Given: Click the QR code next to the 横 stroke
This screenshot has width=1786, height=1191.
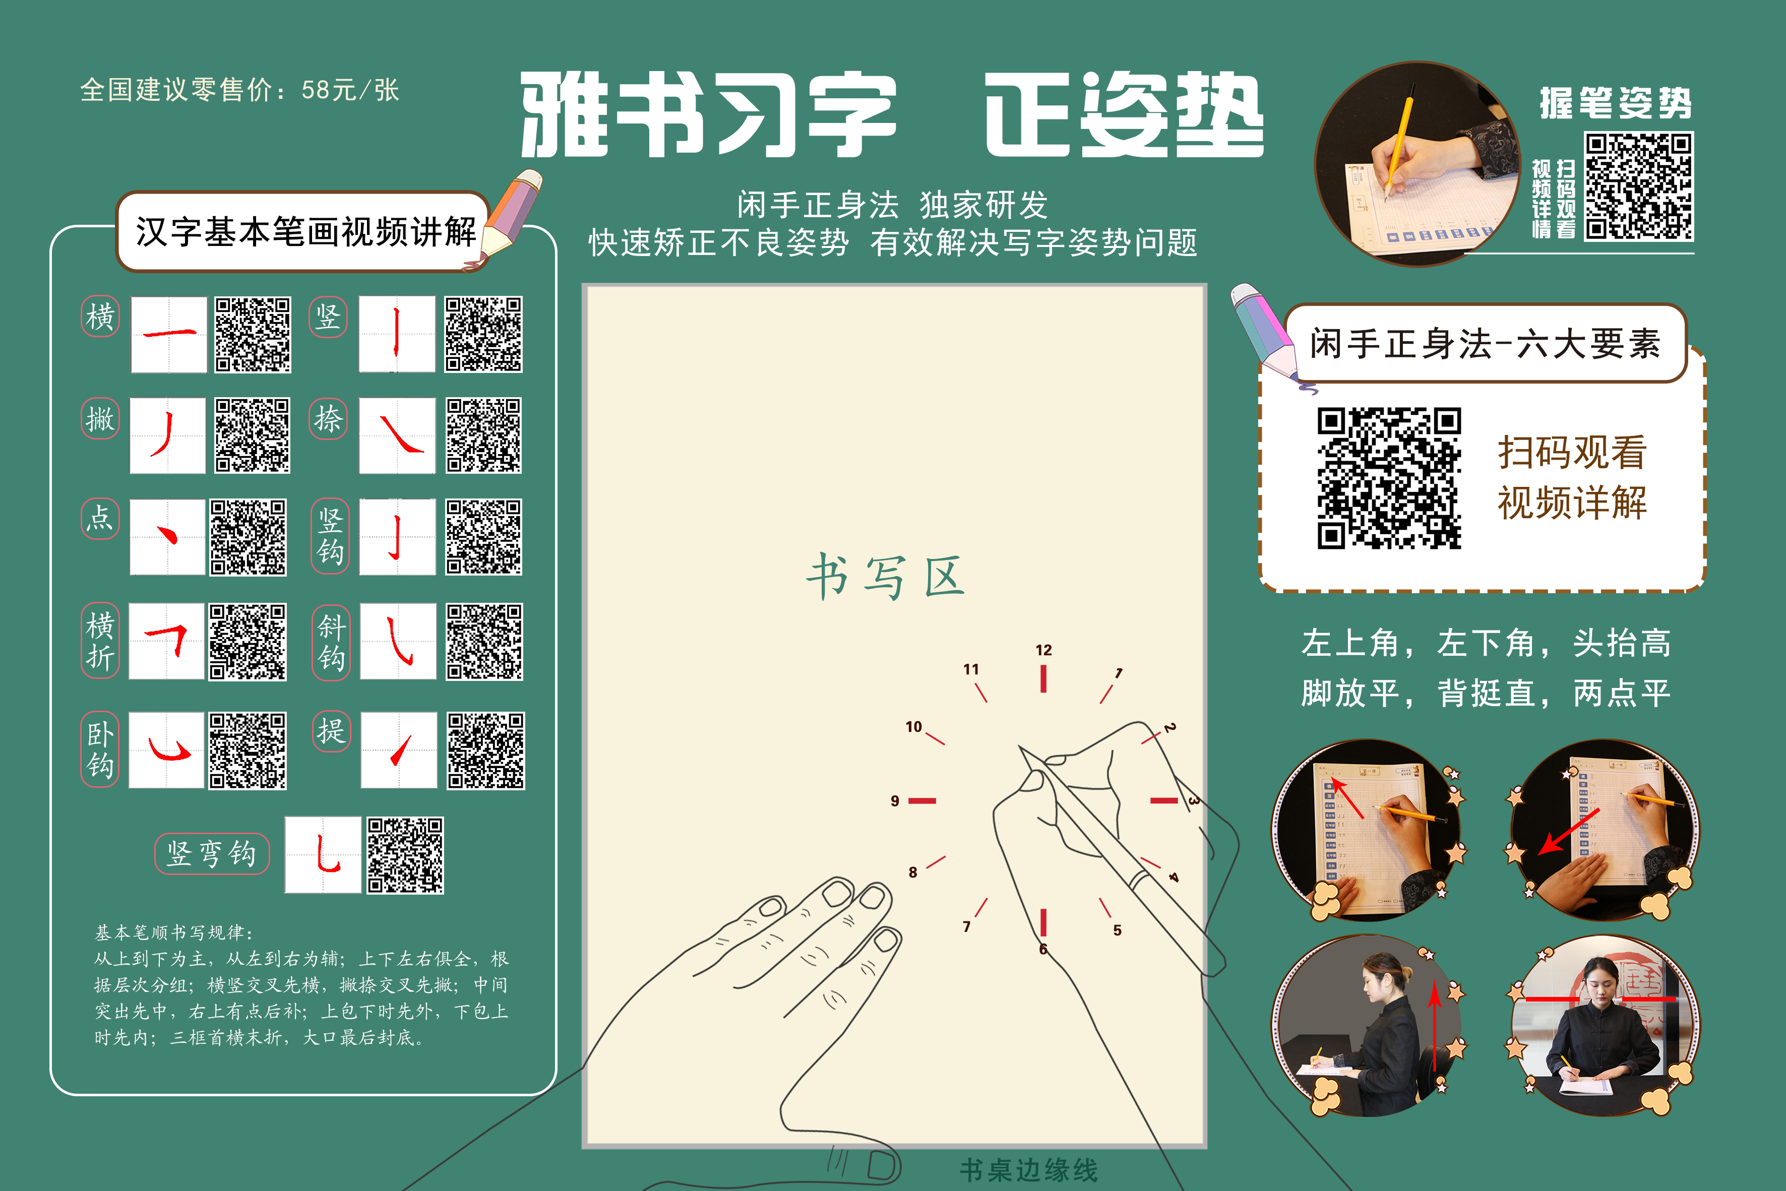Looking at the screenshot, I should [252, 334].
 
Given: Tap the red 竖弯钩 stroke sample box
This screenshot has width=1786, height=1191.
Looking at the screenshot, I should [323, 854].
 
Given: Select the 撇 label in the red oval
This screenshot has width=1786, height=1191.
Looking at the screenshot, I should [100, 418].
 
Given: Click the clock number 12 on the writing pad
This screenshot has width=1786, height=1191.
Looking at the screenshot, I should [1043, 650].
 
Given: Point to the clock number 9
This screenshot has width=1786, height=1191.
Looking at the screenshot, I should [895, 800].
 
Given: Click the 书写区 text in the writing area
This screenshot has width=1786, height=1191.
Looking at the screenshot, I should [885, 577].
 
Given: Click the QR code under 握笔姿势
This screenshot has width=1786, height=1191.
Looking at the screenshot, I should [1639, 186].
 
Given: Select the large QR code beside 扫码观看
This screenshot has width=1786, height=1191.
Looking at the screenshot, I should [1389, 478].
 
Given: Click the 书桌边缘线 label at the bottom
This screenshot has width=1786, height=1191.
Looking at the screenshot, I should [1029, 1170].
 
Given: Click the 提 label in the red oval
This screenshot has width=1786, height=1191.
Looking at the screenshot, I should [331, 731].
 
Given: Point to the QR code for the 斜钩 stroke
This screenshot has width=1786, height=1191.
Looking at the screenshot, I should [484, 642].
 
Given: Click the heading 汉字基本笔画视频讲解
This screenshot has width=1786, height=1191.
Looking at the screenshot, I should [305, 232].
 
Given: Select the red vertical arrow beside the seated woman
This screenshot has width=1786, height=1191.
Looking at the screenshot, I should [1434, 1025].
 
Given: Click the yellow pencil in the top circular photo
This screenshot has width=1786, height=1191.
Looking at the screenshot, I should [1398, 144].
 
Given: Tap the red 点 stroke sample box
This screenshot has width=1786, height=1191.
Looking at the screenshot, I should [167, 536].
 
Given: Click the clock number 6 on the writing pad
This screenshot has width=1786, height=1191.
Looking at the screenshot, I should [1043, 950].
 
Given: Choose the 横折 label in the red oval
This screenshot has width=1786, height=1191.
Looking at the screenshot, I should [100, 640].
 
